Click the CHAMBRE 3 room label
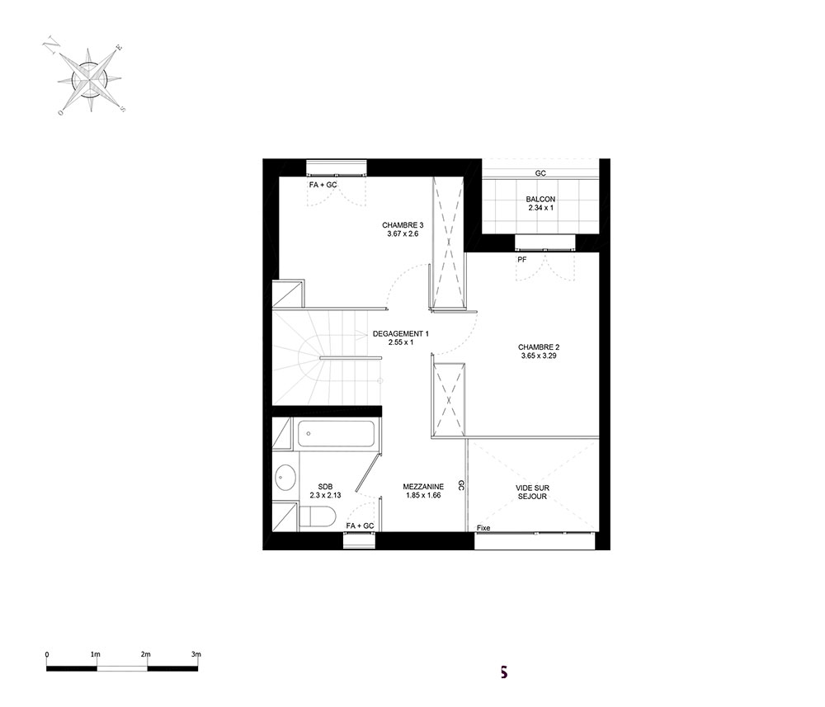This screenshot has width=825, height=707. pyautogui.click(x=403, y=225)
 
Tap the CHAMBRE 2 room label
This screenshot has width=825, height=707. pyautogui.click(x=538, y=347)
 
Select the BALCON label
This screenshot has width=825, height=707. pyautogui.click(x=540, y=200)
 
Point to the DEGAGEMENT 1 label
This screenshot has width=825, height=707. pyautogui.click(x=400, y=333)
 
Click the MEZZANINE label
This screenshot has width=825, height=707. pyautogui.click(x=423, y=487)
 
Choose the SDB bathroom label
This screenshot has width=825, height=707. pyautogui.click(x=325, y=487)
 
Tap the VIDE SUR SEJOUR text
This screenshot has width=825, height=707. pyautogui.click(x=532, y=492)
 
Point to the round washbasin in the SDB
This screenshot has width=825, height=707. pyautogui.click(x=285, y=478)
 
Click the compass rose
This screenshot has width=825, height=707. pyautogui.click(x=90, y=81)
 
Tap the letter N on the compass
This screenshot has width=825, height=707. pyautogui.click(x=51, y=45)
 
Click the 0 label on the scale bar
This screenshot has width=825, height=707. pyautogui.click(x=47, y=654)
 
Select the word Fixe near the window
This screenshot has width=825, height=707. pyautogui.click(x=483, y=528)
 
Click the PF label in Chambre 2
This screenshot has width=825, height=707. pyautogui.click(x=522, y=259)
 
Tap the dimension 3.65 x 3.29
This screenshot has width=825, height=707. pyautogui.click(x=538, y=356)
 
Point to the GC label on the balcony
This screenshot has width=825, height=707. pyautogui.click(x=540, y=173)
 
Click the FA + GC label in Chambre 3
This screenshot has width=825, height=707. pyautogui.click(x=323, y=185)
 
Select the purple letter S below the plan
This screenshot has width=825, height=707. pyautogui.click(x=503, y=672)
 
